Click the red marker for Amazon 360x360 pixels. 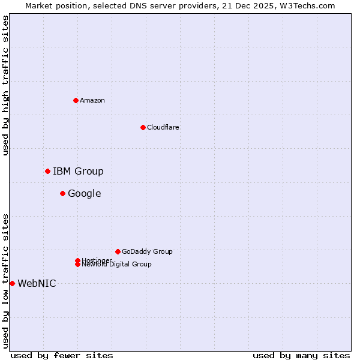coord(76,100)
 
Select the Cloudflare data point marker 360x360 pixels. coord(143,127)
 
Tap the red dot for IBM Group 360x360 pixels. coord(47,171)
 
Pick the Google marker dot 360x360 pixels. coord(62,193)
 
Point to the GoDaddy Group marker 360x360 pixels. coord(118,251)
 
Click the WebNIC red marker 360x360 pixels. coord(12,283)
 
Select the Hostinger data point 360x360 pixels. coord(77,260)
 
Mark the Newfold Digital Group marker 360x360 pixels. coord(77,265)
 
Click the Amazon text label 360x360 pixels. coord(92,100)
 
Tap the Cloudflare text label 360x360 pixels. coord(163,127)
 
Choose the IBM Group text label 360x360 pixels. coord(78,171)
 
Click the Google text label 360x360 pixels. coord(85,193)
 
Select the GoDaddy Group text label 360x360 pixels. coord(147,251)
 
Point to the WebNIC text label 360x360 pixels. coord(37,283)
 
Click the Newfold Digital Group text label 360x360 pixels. coord(117,265)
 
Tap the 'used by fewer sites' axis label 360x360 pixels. coord(62,355)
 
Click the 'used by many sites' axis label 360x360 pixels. coord(301,355)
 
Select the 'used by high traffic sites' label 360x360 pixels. coord(5,85)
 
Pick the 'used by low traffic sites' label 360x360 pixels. coord(5,281)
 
